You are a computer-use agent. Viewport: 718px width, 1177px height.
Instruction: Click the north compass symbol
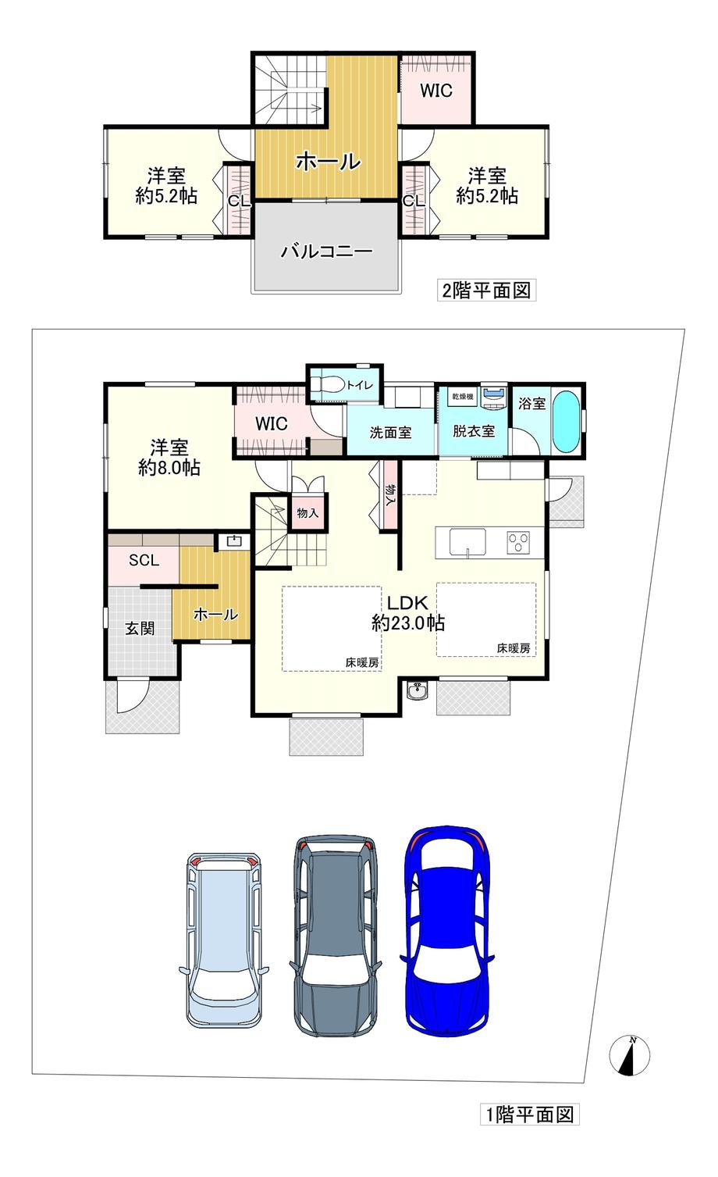tap(629, 1056)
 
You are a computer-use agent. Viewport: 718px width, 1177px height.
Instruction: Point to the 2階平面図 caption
tap(486, 291)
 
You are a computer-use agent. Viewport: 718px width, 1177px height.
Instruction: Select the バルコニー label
tap(327, 251)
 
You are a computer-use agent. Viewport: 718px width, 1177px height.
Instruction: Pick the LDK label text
tap(407, 603)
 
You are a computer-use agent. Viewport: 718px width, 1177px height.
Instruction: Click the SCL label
tap(144, 560)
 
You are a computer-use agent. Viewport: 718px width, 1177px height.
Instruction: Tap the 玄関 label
tap(140, 628)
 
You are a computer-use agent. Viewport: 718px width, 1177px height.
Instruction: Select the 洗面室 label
tap(390, 431)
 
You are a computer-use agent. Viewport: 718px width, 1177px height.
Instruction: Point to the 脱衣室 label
tap(473, 431)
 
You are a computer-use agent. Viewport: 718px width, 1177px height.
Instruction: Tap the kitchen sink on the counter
tap(467, 540)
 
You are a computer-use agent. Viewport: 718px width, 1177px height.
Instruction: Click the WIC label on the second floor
tap(436, 91)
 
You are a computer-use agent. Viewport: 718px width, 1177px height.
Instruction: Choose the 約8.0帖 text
tap(169, 468)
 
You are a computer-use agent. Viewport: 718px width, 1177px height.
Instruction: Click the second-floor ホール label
tap(328, 162)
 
